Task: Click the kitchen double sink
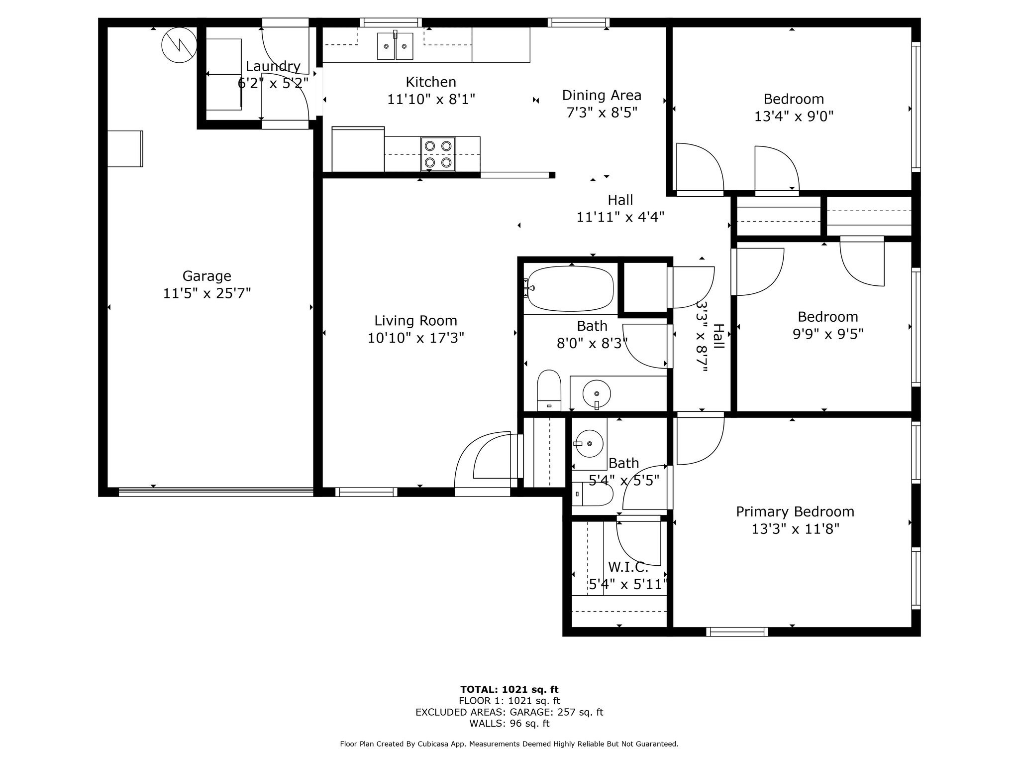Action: pyautogui.click(x=395, y=46)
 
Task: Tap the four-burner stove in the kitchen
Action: pyautogui.click(x=438, y=154)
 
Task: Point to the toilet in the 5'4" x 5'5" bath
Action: pyautogui.click(x=592, y=494)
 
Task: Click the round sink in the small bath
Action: pyautogui.click(x=590, y=443)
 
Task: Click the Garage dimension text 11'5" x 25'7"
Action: pyautogui.click(x=206, y=293)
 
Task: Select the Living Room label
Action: pyautogui.click(x=415, y=320)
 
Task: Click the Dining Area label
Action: pyautogui.click(x=602, y=95)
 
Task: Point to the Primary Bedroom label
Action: pyautogui.click(x=795, y=511)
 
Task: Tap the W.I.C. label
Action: pyautogui.click(x=628, y=567)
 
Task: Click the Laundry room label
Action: pyautogui.click(x=273, y=66)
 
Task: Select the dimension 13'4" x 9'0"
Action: pyautogui.click(x=794, y=116)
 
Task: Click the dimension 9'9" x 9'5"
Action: pyautogui.click(x=827, y=334)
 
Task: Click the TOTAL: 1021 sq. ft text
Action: pyautogui.click(x=509, y=689)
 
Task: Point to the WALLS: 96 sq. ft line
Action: pyautogui.click(x=509, y=723)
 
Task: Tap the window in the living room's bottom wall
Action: pyautogui.click(x=366, y=492)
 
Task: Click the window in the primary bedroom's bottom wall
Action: pyautogui.click(x=737, y=632)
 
